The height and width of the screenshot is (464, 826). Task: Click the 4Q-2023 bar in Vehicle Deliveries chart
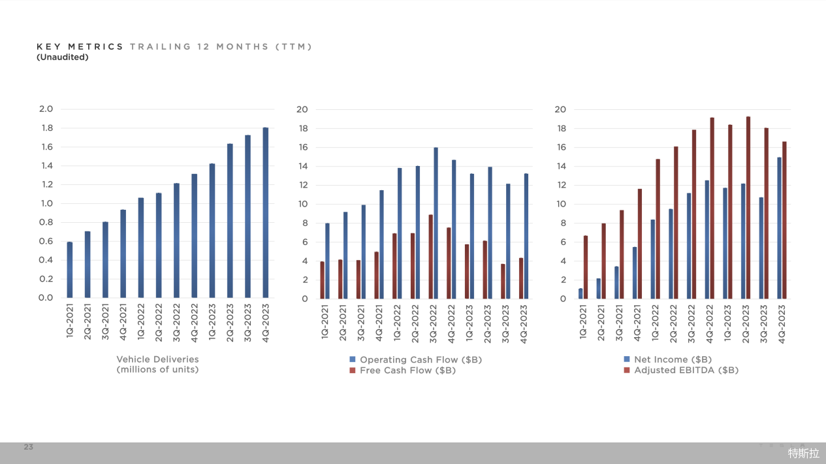click(266, 212)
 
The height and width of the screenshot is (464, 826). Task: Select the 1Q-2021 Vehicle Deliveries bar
click(70, 269)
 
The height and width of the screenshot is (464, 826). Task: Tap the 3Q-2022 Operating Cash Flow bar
click(436, 223)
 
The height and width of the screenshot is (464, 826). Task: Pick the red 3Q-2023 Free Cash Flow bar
click(503, 281)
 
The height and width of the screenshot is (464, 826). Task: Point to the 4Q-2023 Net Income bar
click(779, 227)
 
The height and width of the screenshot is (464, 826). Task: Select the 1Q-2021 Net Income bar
click(580, 293)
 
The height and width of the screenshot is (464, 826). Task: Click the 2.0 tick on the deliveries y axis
click(47, 109)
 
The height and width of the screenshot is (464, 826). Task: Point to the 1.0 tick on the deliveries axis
click(47, 203)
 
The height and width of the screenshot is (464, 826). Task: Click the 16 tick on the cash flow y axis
click(302, 147)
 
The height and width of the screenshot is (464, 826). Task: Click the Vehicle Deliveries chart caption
click(157, 364)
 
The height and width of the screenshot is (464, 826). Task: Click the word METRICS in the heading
click(98, 46)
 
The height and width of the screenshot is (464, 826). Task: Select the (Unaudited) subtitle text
click(63, 57)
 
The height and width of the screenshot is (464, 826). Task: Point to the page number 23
click(28, 447)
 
